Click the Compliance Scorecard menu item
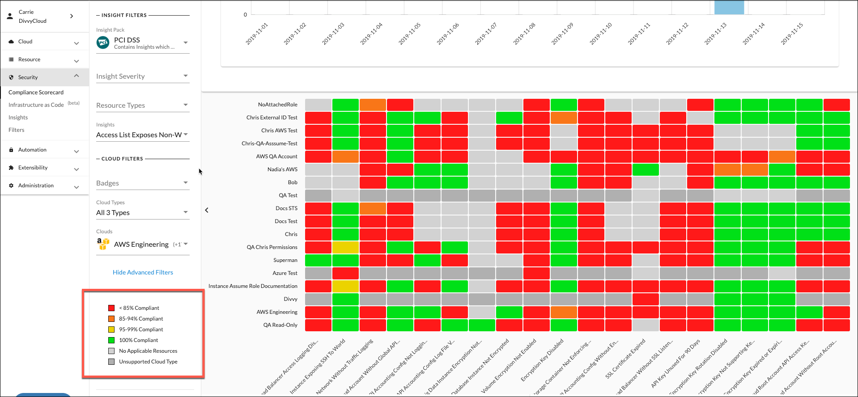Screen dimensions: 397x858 point(36,93)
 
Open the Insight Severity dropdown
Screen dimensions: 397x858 point(142,76)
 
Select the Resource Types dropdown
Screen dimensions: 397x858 point(142,106)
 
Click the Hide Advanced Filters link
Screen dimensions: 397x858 point(143,272)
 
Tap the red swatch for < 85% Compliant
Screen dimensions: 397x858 point(111,308)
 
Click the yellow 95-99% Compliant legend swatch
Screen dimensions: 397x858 point(111,329)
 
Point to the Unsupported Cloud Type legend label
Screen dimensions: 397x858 point(148,362)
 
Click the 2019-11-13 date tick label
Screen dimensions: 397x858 point(715,34)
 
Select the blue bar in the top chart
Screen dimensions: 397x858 point(729,8)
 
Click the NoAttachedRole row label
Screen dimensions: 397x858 point(277,105)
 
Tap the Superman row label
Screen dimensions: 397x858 point(285,260)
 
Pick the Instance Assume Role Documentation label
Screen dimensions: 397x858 point(253,286)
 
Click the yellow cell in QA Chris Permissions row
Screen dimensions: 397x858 point(345,247)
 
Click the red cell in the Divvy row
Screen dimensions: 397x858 point(646,299)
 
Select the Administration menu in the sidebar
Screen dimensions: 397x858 point(36,186)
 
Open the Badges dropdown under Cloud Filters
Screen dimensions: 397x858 point(142,183)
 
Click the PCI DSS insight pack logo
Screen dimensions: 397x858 point(103,43)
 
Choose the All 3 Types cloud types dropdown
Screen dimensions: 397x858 point(142,213)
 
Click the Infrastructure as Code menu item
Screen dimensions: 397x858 point(36,105)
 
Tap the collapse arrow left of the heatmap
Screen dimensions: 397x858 point(207,210)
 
